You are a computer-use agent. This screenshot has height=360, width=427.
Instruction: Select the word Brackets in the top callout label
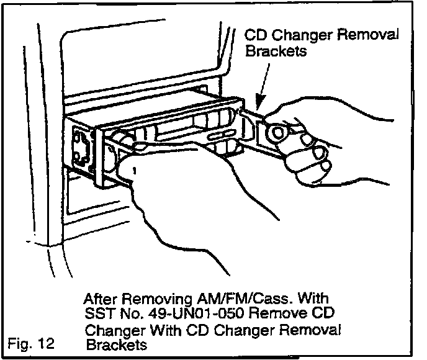click(277, 52)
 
